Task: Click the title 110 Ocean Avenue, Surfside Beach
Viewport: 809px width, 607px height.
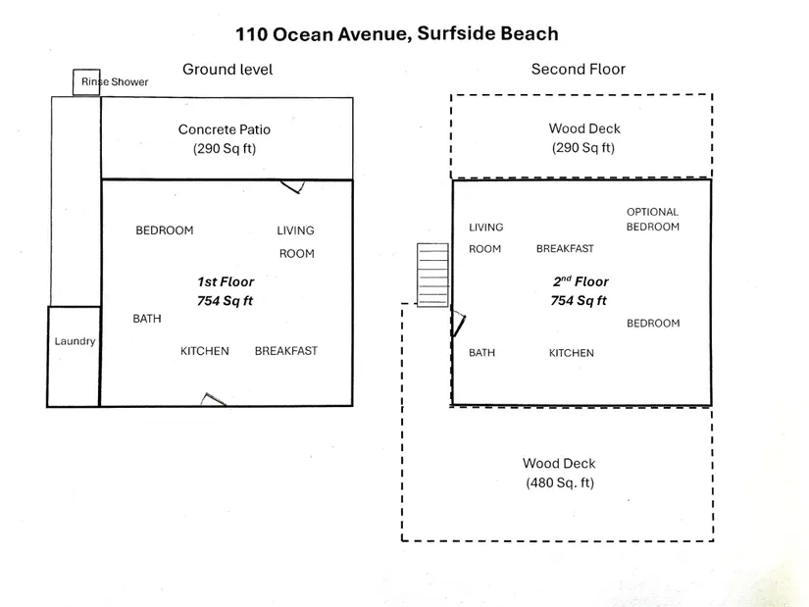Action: pyautogui.click(x=396, y=34)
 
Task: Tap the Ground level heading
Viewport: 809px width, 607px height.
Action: pyautogui.click(x=228, y=69)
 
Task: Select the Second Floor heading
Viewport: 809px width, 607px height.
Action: pyautogui.click(x=578, y=69)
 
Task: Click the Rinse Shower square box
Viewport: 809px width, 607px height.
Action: pyautogui.click(x=85, y=82)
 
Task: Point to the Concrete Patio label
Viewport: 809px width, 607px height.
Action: pyautogui.click(x=224, y=138)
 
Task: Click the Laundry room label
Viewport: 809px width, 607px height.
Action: pyautogui.click(x=75, y=341)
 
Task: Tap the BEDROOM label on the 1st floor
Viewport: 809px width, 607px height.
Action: pyautogui.click(x=164, y=230)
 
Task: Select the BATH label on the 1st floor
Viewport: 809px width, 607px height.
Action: pyautogui.click(x=147, y=319)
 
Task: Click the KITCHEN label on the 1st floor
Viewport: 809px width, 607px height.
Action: pyautogui.click(x=204, y=351)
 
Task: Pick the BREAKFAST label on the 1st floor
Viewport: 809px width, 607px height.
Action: pyautogui.click(x=285, y=351)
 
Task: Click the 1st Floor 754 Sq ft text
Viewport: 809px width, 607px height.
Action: pyautogui.click(x=225, y=291)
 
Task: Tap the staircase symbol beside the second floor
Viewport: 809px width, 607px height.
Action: pyautogui.click(x=432, y=276)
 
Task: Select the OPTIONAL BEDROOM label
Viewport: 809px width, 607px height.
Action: pyautogui.click(x=652, y=219)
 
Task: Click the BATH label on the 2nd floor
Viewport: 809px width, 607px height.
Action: pyautogui.click(x=481, y=353)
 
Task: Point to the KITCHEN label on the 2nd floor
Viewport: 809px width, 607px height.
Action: pyautogui.click(x=571, y=353)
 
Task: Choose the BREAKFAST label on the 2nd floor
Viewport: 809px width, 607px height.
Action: pyautogui.click(x=564, y=249)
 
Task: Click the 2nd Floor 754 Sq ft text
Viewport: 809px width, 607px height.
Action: pyautogui.click(x=580, y=291)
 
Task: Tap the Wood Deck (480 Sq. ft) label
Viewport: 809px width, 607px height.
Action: pyautogui.click(x=559, y=473)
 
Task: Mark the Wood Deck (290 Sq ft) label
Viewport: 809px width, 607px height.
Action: pyautogui.click(x=584, y=138)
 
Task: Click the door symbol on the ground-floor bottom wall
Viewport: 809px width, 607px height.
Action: pyautogui.click(x=214, y=399)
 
